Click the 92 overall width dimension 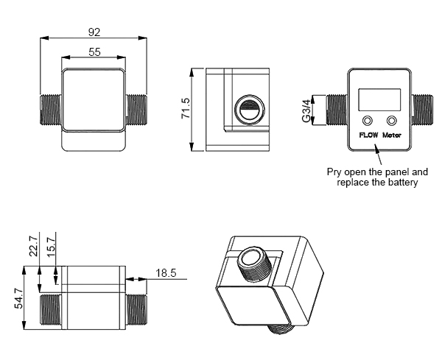coord(94,32)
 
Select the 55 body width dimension coord(94,52)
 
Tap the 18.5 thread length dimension coord(166,273)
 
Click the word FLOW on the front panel coord(368,135)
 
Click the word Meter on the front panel coord(391,135)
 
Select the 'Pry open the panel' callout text coord(377,177)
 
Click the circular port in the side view coord(247,111)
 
